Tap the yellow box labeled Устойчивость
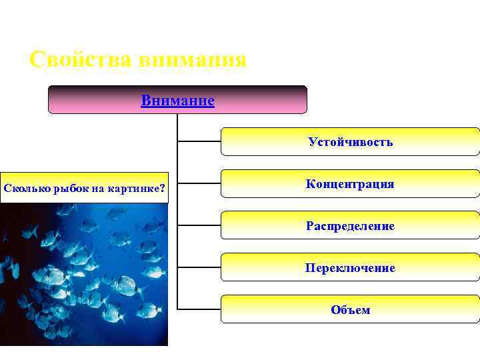click(350, 142)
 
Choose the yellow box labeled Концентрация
click(350, 184)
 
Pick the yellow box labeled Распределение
click(350, 226)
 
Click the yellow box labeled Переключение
click(350, 268)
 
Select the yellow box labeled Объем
click(350, 310)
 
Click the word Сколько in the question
click(25, 188)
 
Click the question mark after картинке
click(163, 188)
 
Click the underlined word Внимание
click(177, 101)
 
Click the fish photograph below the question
click(83, 273)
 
